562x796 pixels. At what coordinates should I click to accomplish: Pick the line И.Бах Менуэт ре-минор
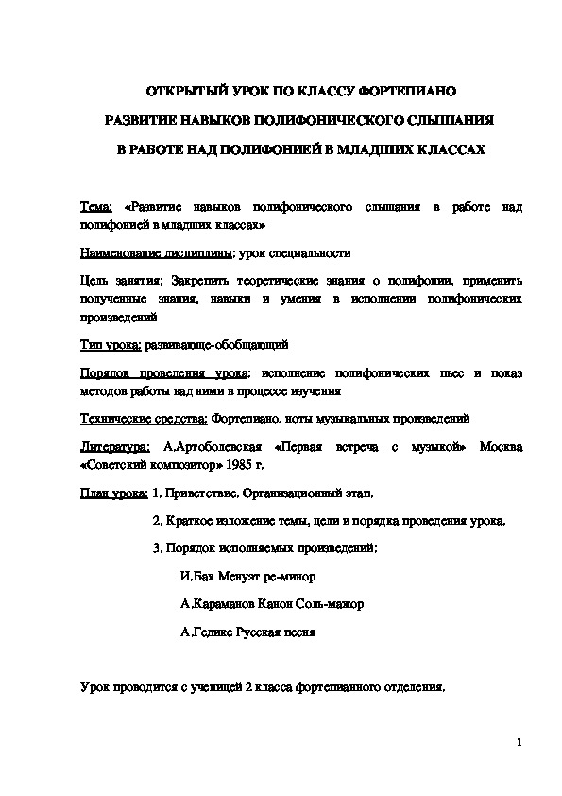246,575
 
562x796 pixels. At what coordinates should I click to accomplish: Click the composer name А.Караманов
215,603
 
